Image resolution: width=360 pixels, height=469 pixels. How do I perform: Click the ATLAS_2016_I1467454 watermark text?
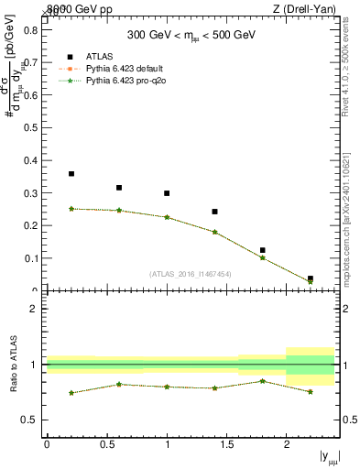point(190,273)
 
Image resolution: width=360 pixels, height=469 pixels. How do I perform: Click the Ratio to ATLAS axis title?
point(12,365)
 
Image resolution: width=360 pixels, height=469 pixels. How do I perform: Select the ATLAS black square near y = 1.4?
point(214,212)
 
